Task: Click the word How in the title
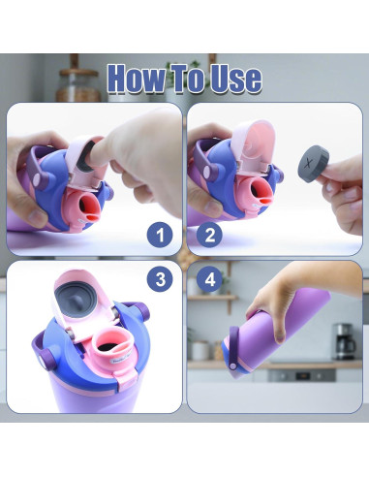point(137,79)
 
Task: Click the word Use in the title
point(235,79)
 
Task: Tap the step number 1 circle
point(160,235)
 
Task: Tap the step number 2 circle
point(210,235)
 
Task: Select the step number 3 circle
point(160,279)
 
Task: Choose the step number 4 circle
point(210,279)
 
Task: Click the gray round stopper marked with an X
point(313,164)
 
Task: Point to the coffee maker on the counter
point(345,341)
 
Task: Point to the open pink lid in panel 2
point(255,143)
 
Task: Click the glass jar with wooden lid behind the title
point(78,85)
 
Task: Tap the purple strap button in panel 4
point(232,366)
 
